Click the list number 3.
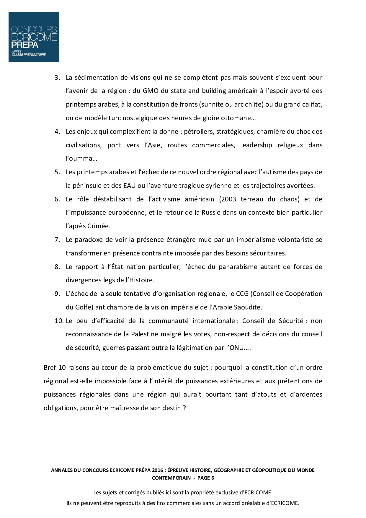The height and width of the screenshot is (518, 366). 57,78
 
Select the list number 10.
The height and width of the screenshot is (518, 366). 59,321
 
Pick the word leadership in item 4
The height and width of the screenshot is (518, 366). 256,145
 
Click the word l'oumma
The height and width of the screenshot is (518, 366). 81,159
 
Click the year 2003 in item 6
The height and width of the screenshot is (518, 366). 228,199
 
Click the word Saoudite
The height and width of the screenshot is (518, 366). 247,307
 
